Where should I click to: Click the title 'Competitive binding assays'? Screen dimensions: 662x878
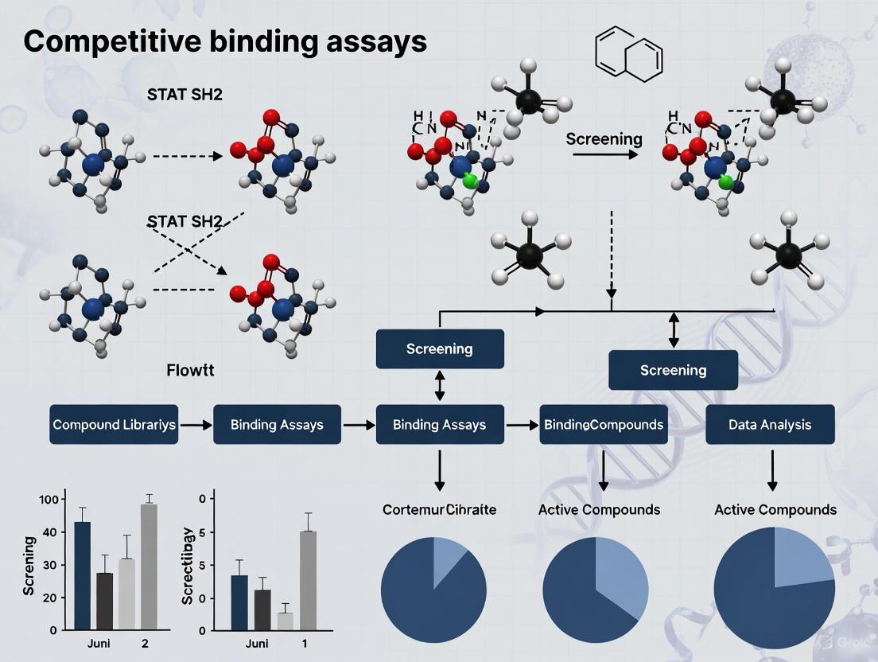[225, 41]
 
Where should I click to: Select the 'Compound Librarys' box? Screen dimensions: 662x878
[114, 424]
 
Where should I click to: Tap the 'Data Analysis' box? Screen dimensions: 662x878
[770, 424]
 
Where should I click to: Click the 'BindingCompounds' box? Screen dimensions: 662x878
[604, 424]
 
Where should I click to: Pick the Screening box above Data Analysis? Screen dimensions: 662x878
[673, 370]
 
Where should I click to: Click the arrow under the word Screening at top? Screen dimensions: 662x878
[604, 153]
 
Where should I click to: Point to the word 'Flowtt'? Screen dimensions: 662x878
[190, 370]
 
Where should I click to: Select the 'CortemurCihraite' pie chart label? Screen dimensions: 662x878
[439, 509]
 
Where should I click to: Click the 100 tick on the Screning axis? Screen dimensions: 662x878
[49, 499]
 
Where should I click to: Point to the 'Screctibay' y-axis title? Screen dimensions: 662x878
[188, 563]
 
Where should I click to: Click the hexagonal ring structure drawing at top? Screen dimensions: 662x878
[629, 53]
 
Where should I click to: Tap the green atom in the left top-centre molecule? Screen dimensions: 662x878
[469, 181]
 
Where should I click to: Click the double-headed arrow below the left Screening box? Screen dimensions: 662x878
[440, 386]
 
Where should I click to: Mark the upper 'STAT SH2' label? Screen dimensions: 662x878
[185, 94]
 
